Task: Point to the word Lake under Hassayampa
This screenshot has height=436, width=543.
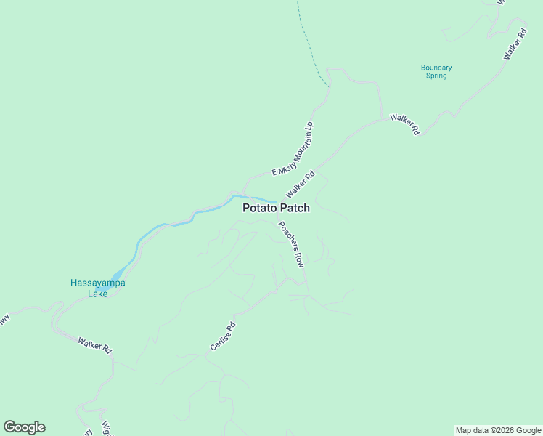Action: [97, 294]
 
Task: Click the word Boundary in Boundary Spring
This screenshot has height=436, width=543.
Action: [436, 68]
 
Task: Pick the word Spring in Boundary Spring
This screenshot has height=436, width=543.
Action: [436, 76]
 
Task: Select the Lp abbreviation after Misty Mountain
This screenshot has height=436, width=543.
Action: [310, 125]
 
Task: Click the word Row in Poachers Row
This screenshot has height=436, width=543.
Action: [299, 260]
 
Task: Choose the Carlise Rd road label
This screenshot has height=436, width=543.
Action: [223, 336]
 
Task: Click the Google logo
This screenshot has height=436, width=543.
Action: [24, 427]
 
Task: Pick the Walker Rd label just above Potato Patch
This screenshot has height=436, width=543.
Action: [301, 185]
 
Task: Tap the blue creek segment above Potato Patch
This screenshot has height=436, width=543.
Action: [256, 199]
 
